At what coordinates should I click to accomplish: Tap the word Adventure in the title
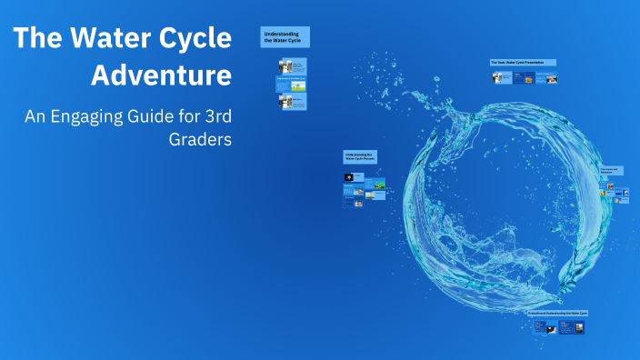tap(162, 75)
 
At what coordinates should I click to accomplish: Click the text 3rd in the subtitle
tap(215, 116)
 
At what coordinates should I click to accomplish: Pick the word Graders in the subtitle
tap(200, 140)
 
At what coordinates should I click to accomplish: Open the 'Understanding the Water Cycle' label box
tap(285, 36)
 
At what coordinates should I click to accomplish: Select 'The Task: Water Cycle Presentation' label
tap(523, 63)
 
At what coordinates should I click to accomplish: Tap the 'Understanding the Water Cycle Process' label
tap(360, 157)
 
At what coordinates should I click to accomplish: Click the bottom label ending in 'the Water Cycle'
tap(558, 313)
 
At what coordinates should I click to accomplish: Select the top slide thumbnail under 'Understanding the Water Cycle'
tap(292, 65)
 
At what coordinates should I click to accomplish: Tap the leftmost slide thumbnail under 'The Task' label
tap(501, 77)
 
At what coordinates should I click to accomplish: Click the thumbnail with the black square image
tap(349, 177)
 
